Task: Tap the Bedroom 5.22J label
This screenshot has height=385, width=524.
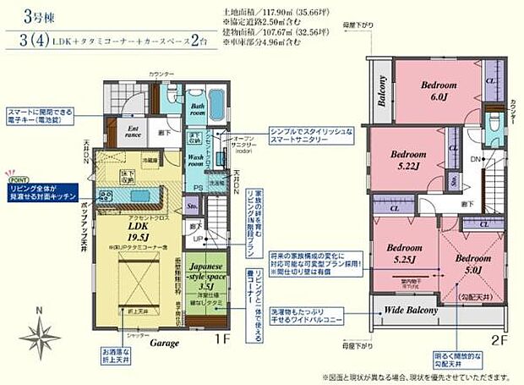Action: pyautogui.click(x=412, y=159)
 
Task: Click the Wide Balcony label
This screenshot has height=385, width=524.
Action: pyautogui.click(x=412, y=311)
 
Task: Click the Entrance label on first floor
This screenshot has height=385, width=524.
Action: pyautogui.click(x=134, y=129)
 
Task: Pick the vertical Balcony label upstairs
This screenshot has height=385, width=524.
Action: pyautogui.click(x=381, y=89)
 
